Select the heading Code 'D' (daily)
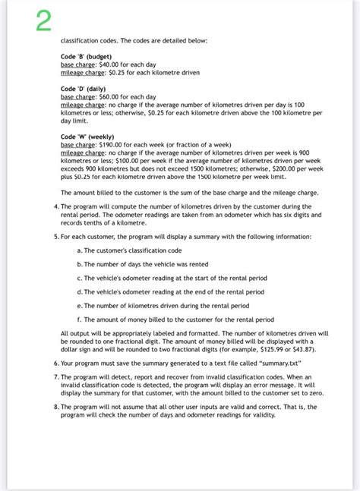tap(83, 89)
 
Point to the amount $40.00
tap(111, 65)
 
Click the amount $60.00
tap(111, 97)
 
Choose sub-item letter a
tap(80, 250)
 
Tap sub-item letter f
tap(80, 319)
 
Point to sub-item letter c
tap(80, 278)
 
